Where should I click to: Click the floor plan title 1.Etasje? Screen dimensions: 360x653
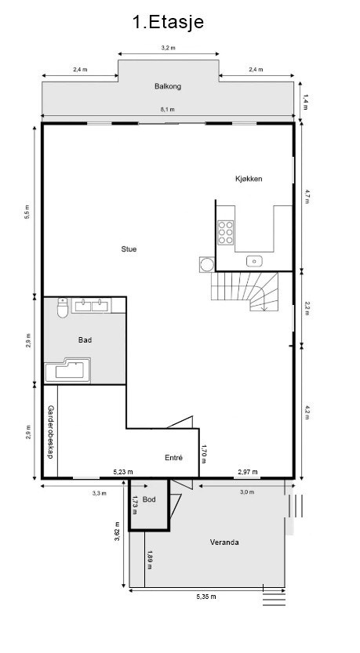point(169,22)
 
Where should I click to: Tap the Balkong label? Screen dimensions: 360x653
point(168,86)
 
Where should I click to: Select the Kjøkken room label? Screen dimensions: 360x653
point(249,179)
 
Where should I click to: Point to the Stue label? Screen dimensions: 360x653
point(129,249)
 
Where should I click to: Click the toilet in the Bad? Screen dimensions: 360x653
point(63,308)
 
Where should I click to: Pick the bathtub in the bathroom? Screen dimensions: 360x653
point(67,370)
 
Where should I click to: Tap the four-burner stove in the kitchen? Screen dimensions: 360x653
point(226,232)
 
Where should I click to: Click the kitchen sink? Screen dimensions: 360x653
point(254,261)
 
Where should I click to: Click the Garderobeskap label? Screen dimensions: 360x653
point(50,432)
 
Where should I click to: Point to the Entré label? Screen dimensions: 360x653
point(174,457)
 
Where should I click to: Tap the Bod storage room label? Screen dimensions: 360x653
point(149,499)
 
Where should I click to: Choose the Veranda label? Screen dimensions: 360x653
point(224,542)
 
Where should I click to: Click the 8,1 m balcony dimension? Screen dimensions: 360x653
point(168,109)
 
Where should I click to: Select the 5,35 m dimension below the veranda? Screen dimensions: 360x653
point(206,597)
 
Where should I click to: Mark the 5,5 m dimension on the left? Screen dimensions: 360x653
point(27,212)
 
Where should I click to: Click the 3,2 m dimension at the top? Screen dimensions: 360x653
point(169,48)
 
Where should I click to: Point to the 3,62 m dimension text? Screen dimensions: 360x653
point(117,531)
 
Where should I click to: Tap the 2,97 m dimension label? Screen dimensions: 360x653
point(248,471)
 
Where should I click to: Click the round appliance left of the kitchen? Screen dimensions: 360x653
point(207,264)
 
